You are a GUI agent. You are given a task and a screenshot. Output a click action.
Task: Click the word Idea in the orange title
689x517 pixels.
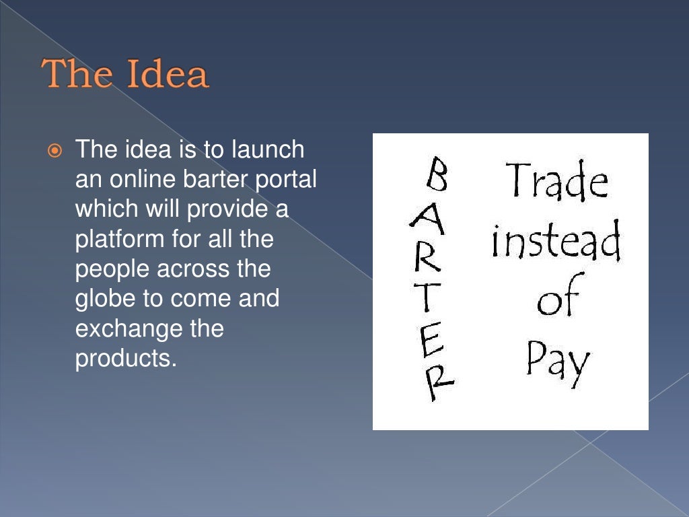pyautogui.click(x=169, y=74)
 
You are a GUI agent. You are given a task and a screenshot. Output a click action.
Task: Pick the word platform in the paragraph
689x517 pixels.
pyautogui.click(x=110, y=239)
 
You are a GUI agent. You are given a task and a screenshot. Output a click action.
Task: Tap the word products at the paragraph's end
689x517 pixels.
pyautogui.click(x=125, y=358)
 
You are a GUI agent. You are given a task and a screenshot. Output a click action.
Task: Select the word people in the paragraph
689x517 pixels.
pyautogui.click(x=112, y=269)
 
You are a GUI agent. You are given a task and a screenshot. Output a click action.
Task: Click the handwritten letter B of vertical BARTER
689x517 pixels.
pyautogui.click(x=437, y=174)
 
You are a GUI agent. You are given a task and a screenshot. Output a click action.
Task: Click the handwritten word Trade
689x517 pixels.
pyautogui.click(x=556, y=180)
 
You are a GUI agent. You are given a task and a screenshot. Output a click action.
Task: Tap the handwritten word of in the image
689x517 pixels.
pyautogui.click(x=557, y=300)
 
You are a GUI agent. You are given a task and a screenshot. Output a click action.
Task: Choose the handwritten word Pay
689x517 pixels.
pyautogui.click(x=557, y=360)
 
